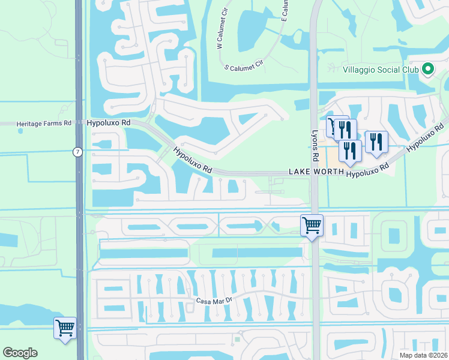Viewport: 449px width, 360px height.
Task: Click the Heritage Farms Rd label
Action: click(44, 123)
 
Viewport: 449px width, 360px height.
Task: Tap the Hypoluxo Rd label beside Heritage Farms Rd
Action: click(109, 122)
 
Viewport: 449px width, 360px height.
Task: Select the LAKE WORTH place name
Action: click(316, 172)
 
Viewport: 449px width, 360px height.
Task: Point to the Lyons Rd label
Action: click(315, 146)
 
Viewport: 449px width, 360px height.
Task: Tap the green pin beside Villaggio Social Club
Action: click(427, 70)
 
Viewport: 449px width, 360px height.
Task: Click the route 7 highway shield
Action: click(78, 152)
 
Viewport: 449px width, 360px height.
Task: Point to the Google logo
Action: click(20, 353)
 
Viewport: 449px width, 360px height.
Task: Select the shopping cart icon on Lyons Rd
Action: click(312, 226)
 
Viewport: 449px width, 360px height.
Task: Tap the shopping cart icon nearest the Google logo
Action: click(65, 328)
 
